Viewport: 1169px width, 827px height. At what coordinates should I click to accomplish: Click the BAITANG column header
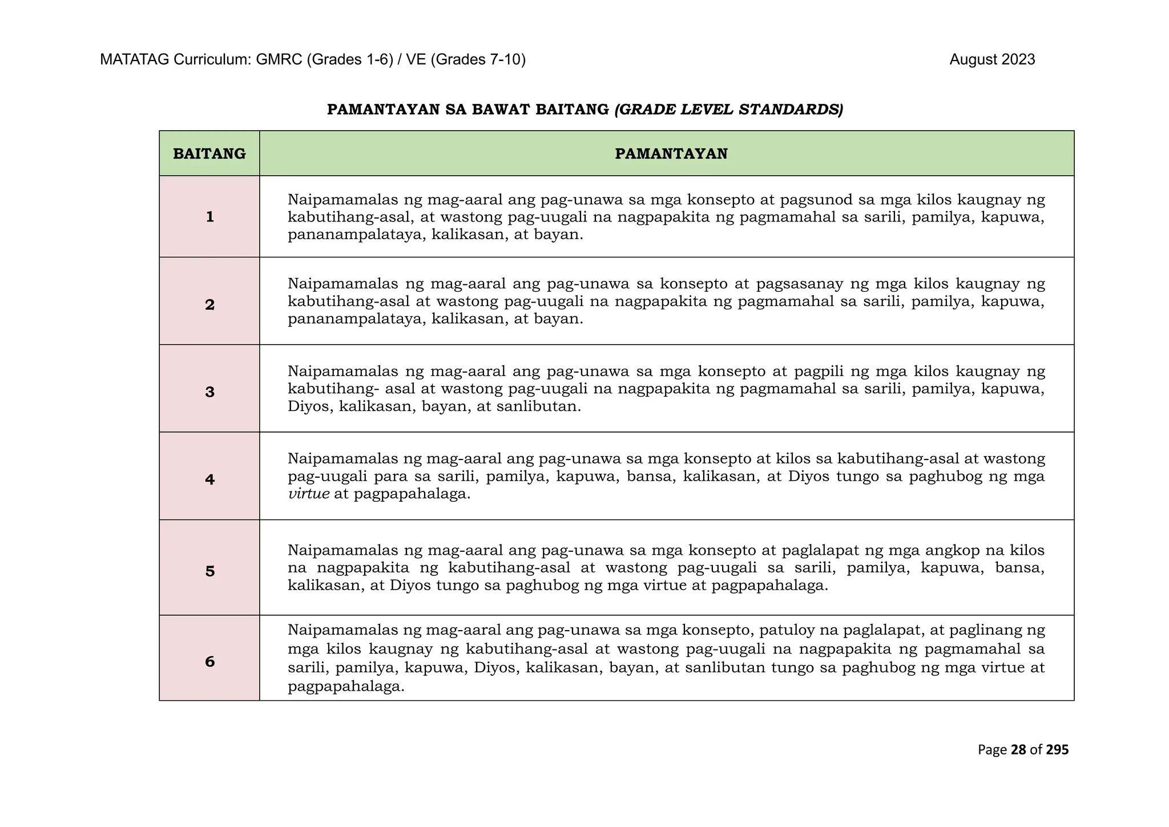[x=209, y=154]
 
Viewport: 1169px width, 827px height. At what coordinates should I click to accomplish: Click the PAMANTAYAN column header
[x=671, y=154]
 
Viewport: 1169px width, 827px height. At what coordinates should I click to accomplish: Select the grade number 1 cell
[x=209, y=217]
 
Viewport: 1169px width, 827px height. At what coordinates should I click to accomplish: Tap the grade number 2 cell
[x=209, y=305]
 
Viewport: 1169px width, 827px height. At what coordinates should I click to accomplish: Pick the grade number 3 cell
[x=209, y=392]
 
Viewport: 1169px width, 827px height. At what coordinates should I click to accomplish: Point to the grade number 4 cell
[x=209, y=479]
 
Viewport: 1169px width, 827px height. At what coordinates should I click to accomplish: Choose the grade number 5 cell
[x=209, y=571]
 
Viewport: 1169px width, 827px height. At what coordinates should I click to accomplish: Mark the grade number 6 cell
[x=209, y=661]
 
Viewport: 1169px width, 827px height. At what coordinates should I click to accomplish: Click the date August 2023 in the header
[x=991, y=60]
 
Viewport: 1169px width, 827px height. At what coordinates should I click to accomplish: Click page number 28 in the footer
[x=1018, y=750]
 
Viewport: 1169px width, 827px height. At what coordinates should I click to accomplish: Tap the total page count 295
[x=1057, y=750]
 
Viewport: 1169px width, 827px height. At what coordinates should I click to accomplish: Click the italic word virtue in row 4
[x=309, y=494]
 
